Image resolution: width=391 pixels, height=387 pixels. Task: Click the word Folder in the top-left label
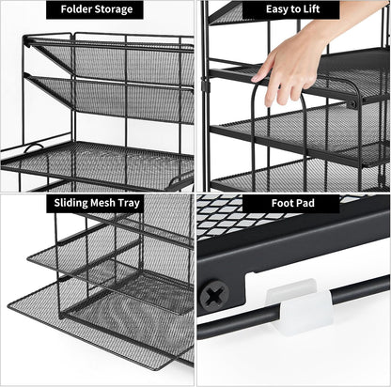coord(78,10)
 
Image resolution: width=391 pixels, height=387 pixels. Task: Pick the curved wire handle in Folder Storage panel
coord(33,148)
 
